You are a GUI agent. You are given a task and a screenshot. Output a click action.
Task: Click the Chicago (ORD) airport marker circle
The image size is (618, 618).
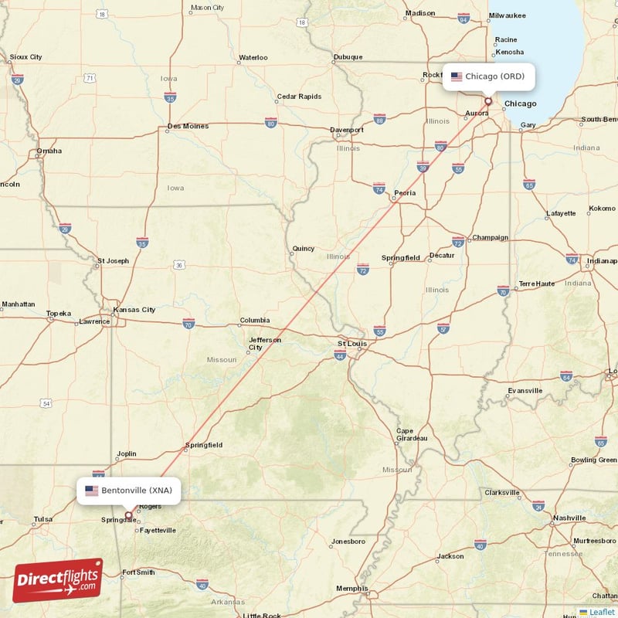[x=488, y=100]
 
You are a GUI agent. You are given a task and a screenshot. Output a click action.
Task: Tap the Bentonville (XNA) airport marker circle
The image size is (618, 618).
[x=129, y=514]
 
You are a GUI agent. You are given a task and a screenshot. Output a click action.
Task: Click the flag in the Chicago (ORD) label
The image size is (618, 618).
[x=457, y=76]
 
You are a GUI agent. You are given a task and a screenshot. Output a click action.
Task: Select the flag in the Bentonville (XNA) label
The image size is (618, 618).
[x=92, y=491]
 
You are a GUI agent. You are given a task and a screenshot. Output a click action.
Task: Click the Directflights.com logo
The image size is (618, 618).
[x=58, y=580]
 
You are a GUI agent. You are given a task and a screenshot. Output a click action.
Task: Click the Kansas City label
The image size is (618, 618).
[x=134, y=310]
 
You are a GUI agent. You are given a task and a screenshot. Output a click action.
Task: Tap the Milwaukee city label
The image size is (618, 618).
[x=507, y=15]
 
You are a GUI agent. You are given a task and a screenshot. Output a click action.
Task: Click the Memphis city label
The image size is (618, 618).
[x=351, y=589]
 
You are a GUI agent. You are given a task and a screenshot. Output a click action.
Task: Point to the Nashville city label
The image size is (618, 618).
[x=569, y=518]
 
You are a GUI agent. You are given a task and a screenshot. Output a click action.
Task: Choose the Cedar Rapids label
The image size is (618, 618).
[x=298, y=97]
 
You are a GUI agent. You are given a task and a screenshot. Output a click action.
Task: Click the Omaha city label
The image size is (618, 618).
[x=49, y=151]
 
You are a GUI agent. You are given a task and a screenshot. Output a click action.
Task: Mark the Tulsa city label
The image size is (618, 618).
[x=42, y=519]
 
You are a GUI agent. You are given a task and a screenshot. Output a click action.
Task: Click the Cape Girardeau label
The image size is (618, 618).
[x=411, y=434]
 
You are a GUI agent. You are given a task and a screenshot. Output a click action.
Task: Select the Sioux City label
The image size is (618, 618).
[x=25, y=57]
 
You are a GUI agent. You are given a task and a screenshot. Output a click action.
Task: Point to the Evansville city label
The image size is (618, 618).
[x=525, y=391]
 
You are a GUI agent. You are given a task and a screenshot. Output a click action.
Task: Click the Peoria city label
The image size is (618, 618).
[x=405, y=193]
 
